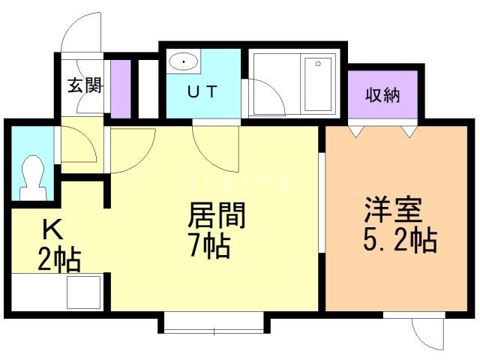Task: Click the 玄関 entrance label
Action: [x=83, y=85]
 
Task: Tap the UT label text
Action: [x=202, y=93]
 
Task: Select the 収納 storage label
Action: [x=382, y=95]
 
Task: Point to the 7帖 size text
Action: [x=209, y=245]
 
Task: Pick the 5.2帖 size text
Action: [x=391, y=241]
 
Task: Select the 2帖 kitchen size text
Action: [x=59, y=260]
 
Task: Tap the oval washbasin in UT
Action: [x=182, y=61]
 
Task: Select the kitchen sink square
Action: [x=85, y=292]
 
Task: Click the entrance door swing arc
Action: [x=81, y=34]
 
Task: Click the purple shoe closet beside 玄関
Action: [x=121, y=85]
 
